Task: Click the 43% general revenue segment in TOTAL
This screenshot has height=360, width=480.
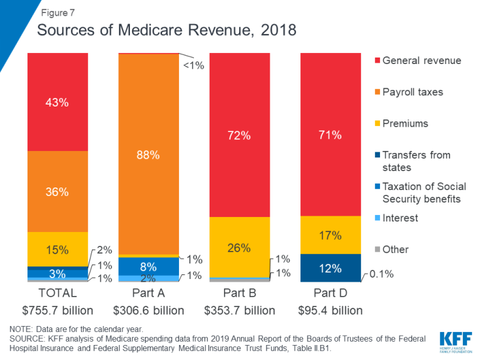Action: (57, 102)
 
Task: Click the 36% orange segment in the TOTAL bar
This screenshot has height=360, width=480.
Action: (57, 191)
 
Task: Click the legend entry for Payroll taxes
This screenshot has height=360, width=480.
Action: (412, 92)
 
